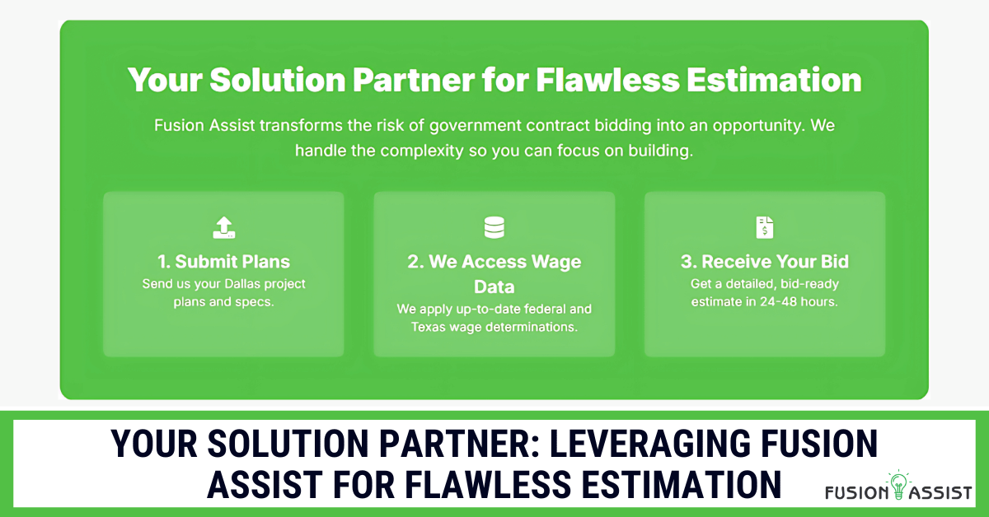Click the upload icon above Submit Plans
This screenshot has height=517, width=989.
tap(224, 227)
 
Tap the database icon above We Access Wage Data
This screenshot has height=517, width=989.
tap(494, 227)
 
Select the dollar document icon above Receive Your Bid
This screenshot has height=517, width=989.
tap(765, 227)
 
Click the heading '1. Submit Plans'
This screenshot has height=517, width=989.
tap(224, 262)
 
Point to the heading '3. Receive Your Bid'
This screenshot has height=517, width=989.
tap(765, 262)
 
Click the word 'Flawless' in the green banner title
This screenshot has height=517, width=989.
tap(607, 80)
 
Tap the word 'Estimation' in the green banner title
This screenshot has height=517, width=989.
tap(774, 80)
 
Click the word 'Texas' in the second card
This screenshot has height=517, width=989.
tap(428, 327)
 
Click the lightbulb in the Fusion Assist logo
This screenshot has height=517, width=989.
tap(898, 485)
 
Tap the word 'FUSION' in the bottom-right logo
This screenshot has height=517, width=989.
tap(856, 492)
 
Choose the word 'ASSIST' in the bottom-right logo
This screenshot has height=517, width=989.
tap(940, 492)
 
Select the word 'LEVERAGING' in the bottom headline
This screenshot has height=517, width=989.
tap(650, 444)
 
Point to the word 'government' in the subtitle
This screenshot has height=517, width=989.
tap(475, 126)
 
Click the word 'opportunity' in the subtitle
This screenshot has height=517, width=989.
tap(757, 127)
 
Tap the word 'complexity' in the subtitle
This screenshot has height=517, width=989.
tap(422, 151)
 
